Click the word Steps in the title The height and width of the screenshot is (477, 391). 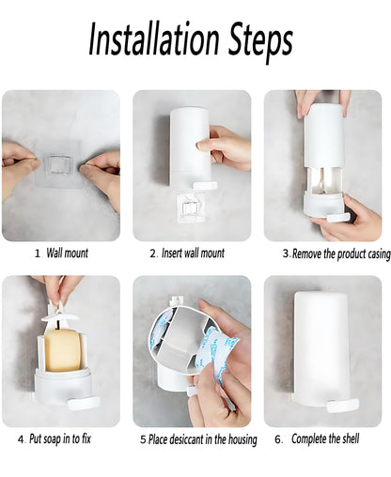coord(258,40)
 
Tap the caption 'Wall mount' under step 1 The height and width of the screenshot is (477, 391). coord(68,254)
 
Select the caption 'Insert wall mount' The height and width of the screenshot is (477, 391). coord(193,254)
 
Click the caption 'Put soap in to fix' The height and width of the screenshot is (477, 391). coord(60,439)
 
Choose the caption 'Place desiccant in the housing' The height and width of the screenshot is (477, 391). coord(203,439)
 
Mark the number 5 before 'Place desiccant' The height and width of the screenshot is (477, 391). coord(143,439)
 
